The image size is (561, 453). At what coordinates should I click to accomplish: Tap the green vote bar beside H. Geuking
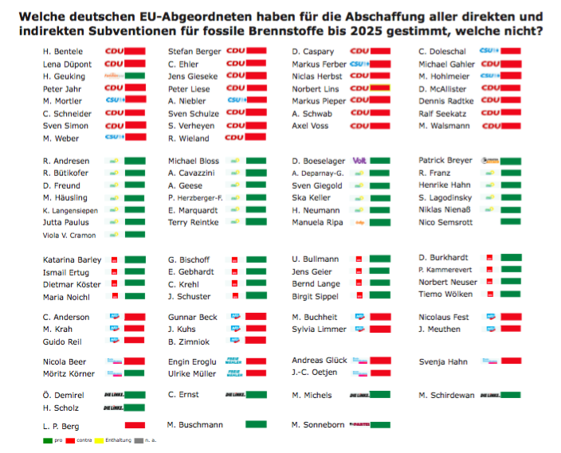click(x=134, y=76)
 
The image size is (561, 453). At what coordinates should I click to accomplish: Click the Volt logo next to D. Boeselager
click(x=359, y=160)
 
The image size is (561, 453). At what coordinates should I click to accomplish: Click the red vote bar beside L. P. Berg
click(x=134, y=426)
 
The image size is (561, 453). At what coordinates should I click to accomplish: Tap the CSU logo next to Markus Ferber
click(x=358, y=64)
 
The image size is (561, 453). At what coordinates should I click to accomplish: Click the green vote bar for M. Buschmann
click(x=256, y=424)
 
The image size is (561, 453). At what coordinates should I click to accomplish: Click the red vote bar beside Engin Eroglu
click(x=256, y=361)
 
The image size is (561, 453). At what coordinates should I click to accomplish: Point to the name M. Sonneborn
click(x=319, y=425)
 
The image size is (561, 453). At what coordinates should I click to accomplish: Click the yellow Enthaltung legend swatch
click(x=99, y=440)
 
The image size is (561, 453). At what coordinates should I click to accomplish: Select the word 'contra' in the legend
click(x=84, y=440)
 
